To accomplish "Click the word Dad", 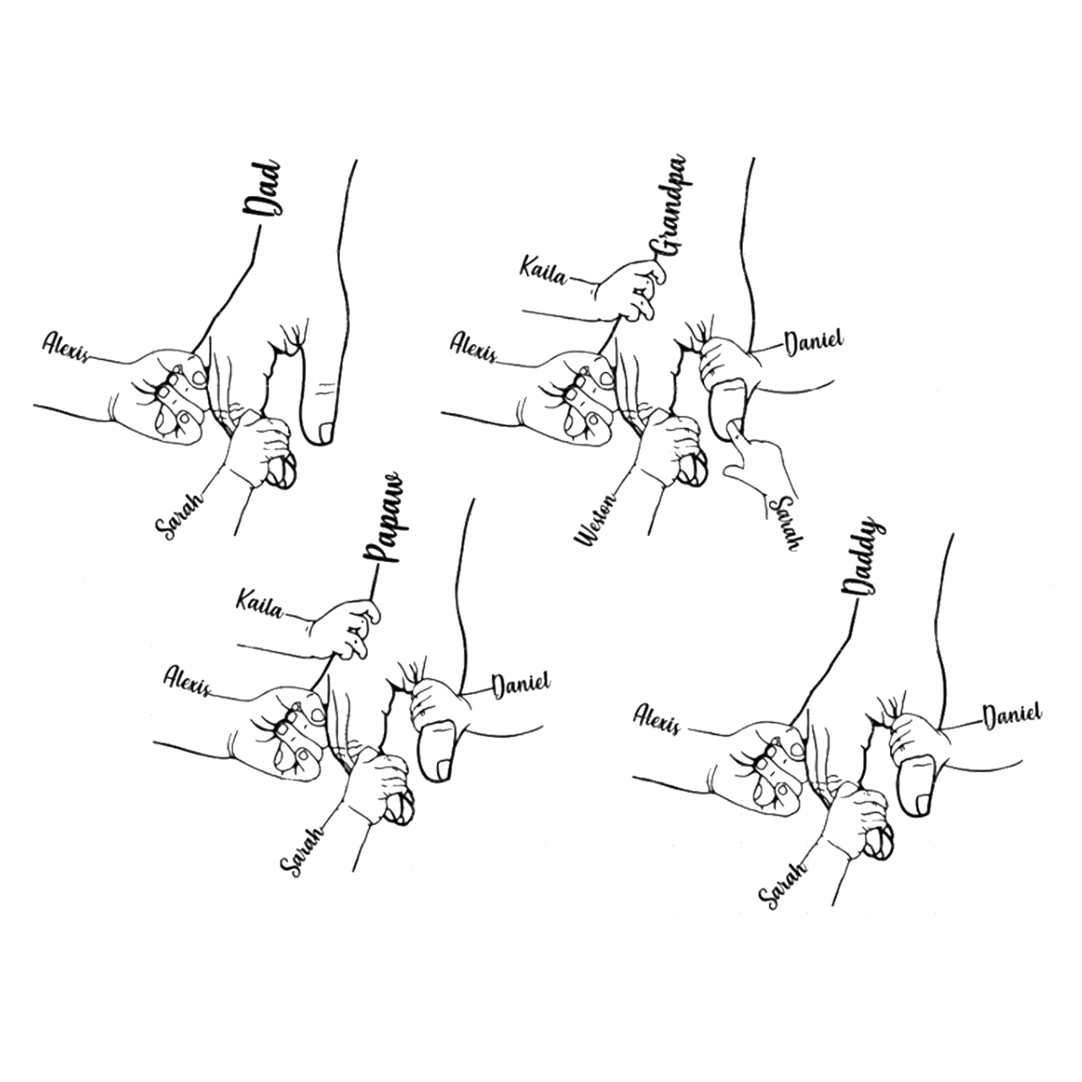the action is click(x=261, y=190).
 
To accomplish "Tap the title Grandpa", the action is click(x=669, y=206).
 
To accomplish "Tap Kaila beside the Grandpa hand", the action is click(x=543, y=270).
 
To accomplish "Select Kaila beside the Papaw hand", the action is click(x=260, y=603).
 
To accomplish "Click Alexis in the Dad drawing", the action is click(x=66, y=347).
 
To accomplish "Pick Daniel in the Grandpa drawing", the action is click(x=813, y=344).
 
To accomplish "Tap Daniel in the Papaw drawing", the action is click(x=521, y=686).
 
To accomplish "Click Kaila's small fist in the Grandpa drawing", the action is click(x=629, y=292).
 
